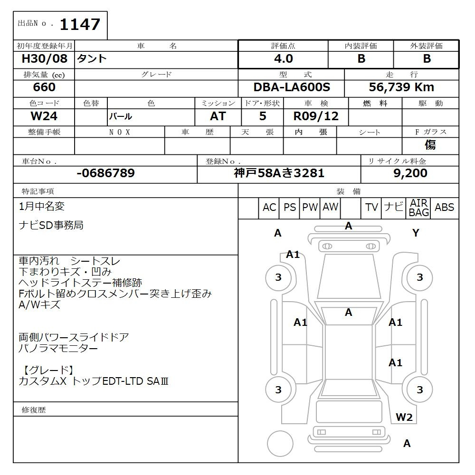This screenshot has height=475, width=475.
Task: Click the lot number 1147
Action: tap(79, 24)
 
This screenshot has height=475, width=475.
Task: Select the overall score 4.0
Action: tap(283, 59)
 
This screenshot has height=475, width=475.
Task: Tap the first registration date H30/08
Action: tap(45, 59)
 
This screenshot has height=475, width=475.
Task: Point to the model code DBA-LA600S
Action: tap(292, 87)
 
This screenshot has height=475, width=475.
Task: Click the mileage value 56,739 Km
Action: tap(401, 87)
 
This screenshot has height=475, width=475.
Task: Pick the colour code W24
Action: tap(44, 116)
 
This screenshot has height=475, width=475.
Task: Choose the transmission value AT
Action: tap(218, 116)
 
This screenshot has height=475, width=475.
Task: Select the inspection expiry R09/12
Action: tap(316, 116)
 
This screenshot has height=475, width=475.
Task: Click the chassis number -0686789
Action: tap(105, 173)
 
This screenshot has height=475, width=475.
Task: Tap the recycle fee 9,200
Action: tap(410, 173)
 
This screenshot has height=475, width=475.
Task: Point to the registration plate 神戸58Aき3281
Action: tap(279, 173)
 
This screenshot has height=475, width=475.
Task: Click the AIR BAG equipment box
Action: tap(418, 208)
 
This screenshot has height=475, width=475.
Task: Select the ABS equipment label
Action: tap(444, 208)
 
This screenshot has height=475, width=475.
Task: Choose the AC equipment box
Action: tap(269, 208)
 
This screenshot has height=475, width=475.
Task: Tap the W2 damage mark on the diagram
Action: tap(404, 418)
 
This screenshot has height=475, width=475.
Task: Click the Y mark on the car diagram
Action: tap(416, 233)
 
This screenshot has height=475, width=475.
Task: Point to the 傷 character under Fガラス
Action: tap(430, 145)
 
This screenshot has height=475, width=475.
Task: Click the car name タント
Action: tap(93, 59)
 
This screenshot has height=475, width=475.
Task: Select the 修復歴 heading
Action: tap(34, 409)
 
